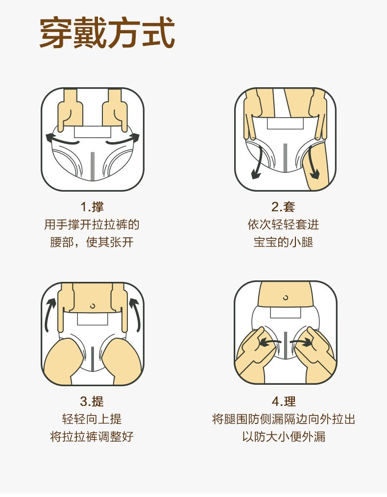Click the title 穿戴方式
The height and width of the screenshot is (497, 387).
(107, 33)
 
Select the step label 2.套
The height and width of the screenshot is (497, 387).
(283, 206)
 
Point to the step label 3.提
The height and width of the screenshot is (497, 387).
(92, 401)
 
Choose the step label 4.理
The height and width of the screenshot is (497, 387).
(283, 401)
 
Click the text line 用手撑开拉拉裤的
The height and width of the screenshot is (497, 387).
(92, 224)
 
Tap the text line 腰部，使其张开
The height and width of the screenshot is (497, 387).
(92, 242)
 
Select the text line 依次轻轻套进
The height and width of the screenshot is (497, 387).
(283, 224)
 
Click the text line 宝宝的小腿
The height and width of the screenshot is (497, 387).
(283, 242)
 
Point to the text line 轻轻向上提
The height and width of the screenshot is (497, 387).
(92, 419)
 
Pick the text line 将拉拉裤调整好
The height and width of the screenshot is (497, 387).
(92, 437)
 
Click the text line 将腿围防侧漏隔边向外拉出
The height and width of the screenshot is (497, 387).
(283, 419)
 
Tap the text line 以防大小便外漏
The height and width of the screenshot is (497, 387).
(283, 437)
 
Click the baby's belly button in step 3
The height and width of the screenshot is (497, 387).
(92, 305)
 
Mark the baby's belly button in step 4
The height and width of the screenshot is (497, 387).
(286, 297)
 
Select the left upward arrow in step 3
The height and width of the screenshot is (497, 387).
(50, 314)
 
